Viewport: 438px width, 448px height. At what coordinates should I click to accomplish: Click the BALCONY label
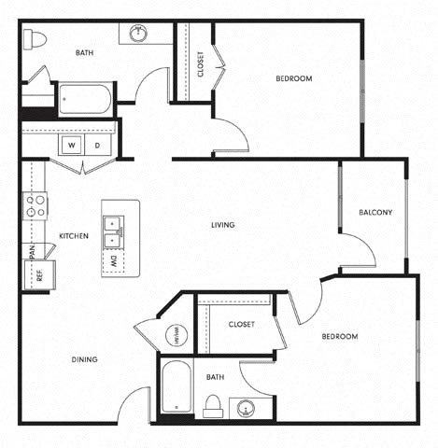[x=375, y=213]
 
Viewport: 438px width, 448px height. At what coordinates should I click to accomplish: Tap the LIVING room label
[x=222, y=225]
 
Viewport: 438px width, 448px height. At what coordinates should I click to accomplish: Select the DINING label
[x=84, y=359]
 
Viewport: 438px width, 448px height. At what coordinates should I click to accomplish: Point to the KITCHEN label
[x=74, y=236]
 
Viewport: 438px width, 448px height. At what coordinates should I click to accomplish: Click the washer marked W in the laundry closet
[x=72, y=146]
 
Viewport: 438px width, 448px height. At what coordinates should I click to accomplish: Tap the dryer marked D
[x=96, y=146]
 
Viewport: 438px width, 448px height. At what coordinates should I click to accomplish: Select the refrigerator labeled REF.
[x=40, y=275]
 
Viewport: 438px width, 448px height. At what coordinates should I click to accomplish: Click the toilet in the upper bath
[x=35, y=40]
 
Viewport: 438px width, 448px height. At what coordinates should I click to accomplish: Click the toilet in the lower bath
[x=212, y=403]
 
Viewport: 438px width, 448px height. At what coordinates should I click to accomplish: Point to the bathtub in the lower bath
[x=176, y=390]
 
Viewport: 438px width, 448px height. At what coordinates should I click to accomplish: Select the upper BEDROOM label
[x=293, y=78]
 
